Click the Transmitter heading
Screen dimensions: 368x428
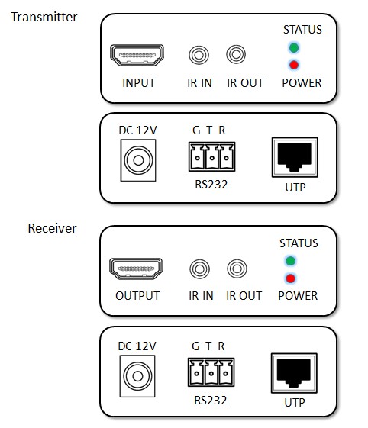pos(44,17)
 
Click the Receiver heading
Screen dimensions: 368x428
pos(52,228)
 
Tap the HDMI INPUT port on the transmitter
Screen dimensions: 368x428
pos(137,55)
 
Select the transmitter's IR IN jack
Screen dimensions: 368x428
pos(199,55)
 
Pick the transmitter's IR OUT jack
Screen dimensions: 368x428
pos(236,54)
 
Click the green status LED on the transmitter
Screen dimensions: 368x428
pos(294,48)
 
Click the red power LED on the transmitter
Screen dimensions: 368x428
pos(294,65)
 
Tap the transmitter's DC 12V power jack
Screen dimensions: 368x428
pos(138,160)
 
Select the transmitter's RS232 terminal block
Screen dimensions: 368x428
pos(211,156)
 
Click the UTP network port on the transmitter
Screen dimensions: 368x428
pos(295,157)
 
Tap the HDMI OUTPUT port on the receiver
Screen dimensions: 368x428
pos(136,269)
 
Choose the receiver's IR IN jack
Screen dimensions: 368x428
pos(200,269)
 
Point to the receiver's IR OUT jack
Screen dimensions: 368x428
pos(237,269)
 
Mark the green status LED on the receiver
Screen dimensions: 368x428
pos(290,261)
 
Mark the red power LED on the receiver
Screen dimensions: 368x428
pos(290,278)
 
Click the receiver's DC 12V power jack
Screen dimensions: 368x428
pos(137,376)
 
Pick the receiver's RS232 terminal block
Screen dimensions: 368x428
pos(211,372)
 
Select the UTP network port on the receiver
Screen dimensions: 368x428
pos(294,373)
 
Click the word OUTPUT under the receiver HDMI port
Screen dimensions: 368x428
pos(137,296)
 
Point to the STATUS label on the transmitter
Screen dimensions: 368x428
pos(302,30)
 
